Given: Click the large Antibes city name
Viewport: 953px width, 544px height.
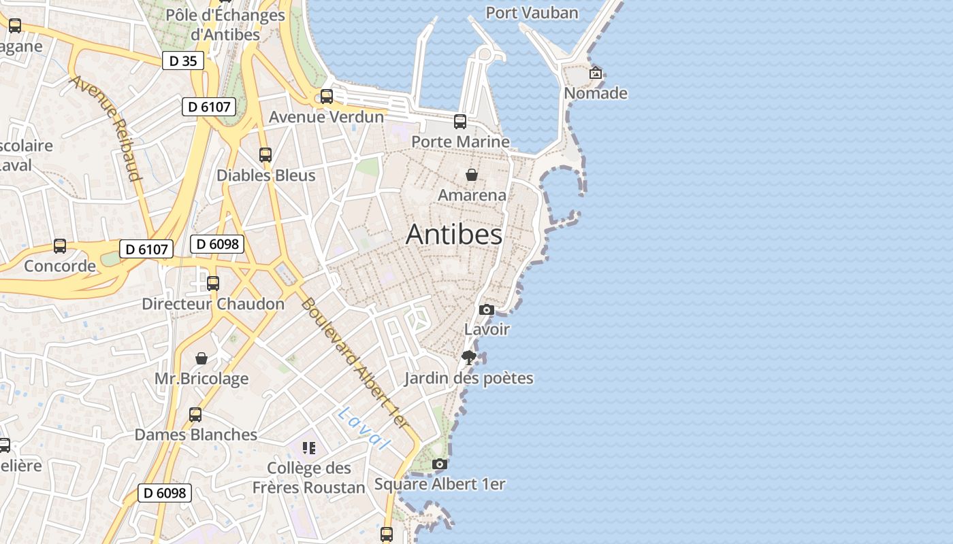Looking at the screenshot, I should (454, 235).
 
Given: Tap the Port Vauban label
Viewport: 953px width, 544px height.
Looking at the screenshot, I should (532, 12).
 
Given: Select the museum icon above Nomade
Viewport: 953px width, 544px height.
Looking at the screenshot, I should (596, 73).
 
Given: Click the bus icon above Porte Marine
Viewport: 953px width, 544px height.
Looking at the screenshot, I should (460, 122).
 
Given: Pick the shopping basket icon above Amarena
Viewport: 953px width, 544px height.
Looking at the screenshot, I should (471, 175).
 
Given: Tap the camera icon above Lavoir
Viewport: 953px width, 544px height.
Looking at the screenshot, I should (486, 309).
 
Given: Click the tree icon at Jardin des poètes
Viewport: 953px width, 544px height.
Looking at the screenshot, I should (468, 358).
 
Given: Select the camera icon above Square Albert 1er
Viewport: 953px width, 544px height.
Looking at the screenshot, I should (440, 464).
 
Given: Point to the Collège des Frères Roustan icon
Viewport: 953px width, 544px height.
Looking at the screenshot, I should (309, 447).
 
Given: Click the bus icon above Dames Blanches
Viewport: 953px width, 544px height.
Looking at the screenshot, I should (195, 414).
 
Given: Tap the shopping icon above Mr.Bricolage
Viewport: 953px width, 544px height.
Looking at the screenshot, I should (201, 358).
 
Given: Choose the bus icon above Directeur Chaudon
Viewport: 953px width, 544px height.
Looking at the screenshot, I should (213, 283).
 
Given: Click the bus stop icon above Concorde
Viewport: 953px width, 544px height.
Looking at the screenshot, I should (60, 245).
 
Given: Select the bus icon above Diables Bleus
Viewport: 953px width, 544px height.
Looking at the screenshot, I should (265, 154).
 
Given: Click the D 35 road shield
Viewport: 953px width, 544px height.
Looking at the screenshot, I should (183, 61).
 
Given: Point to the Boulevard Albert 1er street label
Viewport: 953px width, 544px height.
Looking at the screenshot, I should (355, 364).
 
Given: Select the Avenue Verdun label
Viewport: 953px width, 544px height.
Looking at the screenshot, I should (326, 117).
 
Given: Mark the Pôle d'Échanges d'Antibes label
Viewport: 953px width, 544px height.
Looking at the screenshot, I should (225, 24).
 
